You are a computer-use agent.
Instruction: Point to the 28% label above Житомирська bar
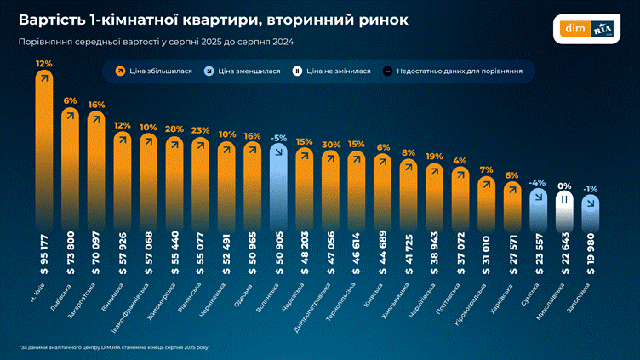click(174, 129)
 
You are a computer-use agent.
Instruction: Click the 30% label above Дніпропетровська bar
click(332, 144)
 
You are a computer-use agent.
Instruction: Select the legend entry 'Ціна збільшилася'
click(158, 72)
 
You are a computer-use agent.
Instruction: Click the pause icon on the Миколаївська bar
click(563, 200)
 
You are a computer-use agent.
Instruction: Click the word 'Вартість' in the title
click(54, 19)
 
